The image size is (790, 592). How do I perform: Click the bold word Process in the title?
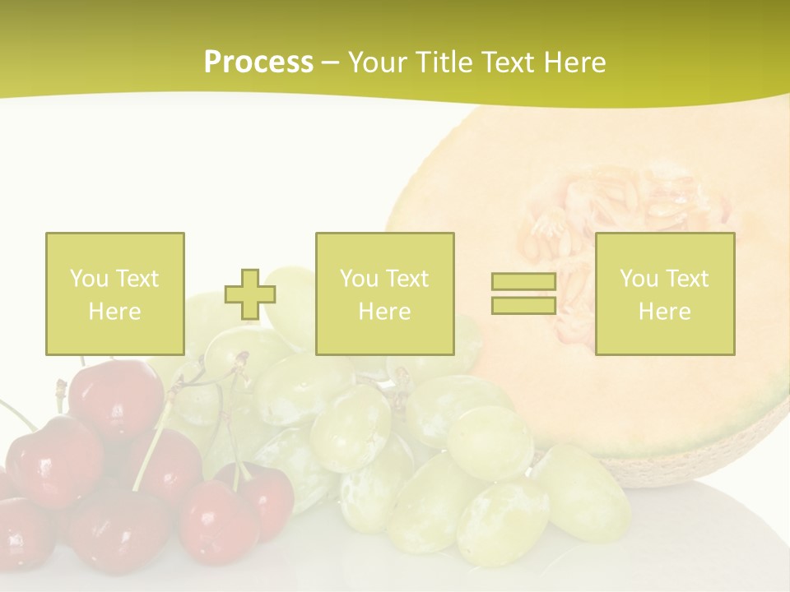pos(258,62)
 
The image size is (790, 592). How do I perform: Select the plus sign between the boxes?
pos(250,294)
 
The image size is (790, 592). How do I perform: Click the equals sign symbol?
pos(523,294)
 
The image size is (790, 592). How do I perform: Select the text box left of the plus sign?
pos(115,294)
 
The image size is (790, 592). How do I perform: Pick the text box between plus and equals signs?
pos(384,294)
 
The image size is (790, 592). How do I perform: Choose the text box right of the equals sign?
pos(665,294)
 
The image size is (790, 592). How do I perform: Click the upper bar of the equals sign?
pos(523,282)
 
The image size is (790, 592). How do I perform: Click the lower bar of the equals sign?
pos(523,305)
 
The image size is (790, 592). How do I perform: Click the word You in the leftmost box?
pos(88,279)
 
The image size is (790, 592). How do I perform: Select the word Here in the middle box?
pos(384,312)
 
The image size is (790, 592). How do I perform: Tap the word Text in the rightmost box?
pos(686,279)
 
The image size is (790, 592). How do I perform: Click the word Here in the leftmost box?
pos(115,312)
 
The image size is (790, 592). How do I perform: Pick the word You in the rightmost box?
pos(639,279)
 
